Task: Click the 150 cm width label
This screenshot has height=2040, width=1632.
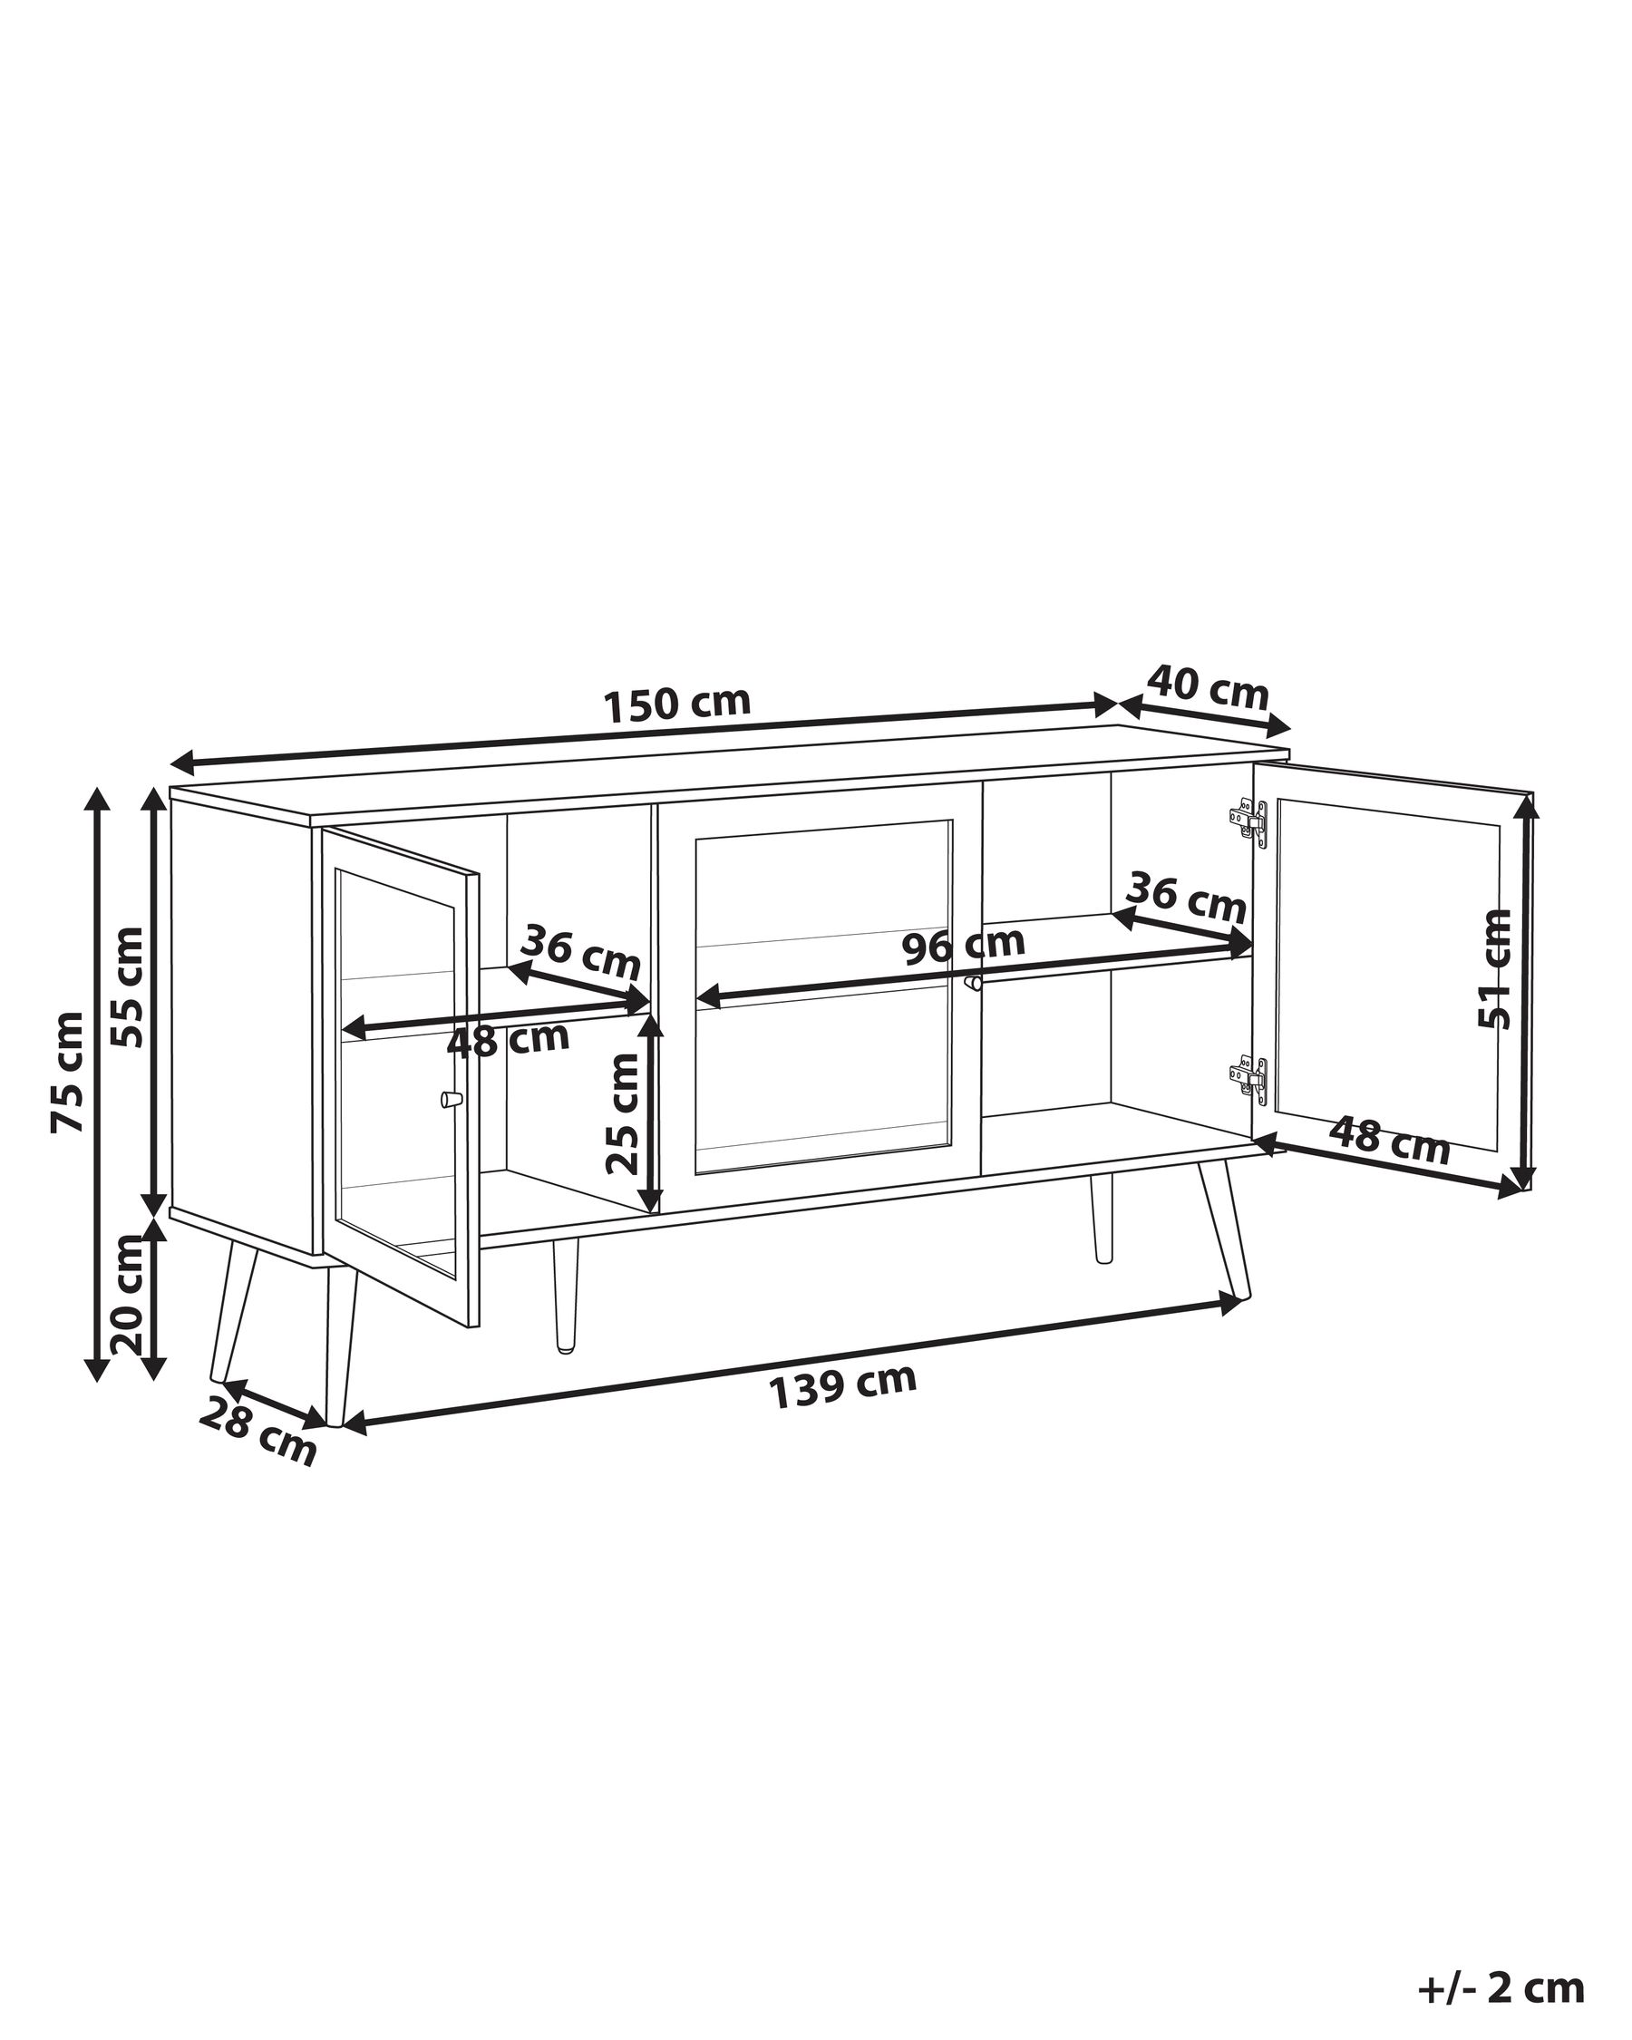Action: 677,703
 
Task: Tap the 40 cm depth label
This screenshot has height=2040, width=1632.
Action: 1209,689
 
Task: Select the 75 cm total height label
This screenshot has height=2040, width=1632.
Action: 69,1071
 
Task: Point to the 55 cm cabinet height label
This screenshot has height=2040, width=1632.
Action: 127,986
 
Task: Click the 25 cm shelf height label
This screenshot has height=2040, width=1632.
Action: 623,1112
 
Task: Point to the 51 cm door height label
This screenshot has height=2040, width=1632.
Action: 1496,968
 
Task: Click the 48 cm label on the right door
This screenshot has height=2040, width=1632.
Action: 1390,1141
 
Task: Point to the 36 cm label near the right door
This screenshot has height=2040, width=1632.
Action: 1185,899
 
